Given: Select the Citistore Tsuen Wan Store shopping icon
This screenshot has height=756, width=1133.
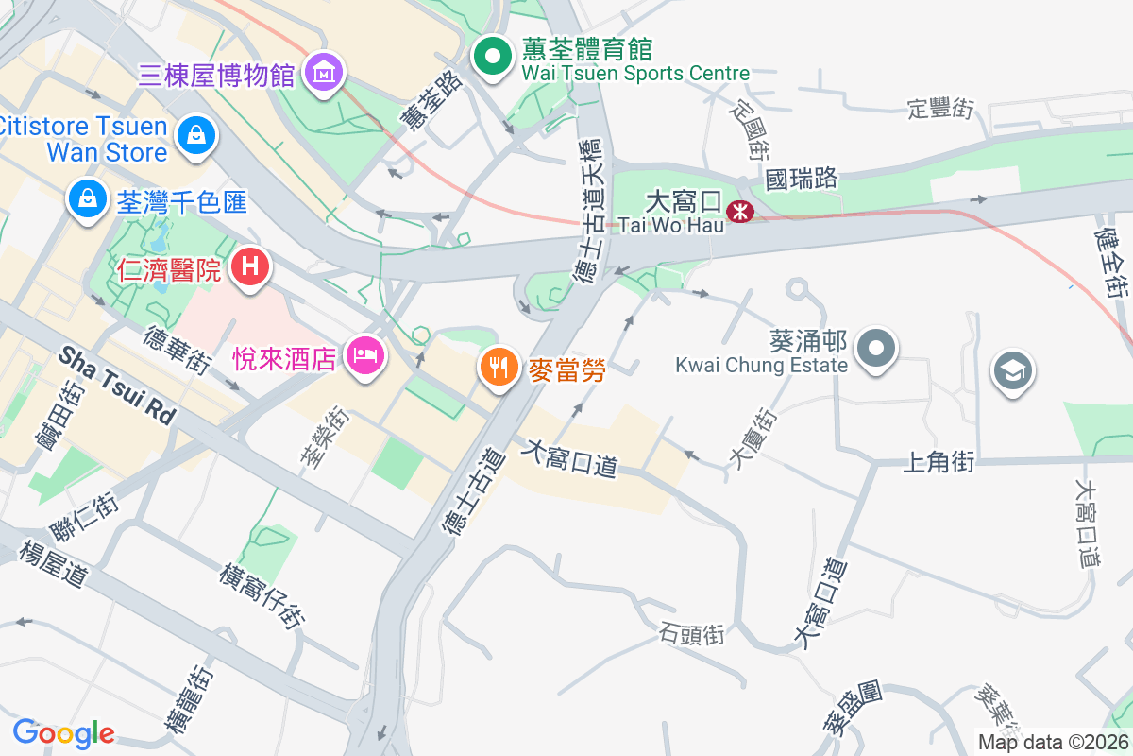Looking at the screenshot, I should (195, 135).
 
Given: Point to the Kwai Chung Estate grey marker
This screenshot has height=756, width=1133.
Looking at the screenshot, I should (877, 348).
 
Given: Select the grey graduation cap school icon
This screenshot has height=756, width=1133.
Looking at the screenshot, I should (1013, 370).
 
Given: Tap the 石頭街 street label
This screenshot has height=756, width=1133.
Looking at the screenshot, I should (692, 634).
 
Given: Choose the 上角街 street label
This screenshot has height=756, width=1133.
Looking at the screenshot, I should (939, 461).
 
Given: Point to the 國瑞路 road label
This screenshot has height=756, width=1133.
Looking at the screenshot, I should (802, 178).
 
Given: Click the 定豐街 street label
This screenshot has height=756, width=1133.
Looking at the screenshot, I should (939, 109).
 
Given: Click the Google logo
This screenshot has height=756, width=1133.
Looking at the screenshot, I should (63, 733).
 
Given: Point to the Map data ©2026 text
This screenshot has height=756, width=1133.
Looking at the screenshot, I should (1053, 742).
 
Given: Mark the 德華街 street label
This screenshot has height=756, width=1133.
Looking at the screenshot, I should (177, 351).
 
